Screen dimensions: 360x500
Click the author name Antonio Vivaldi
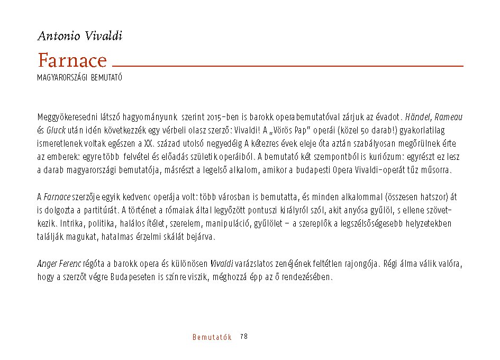click(80, 37)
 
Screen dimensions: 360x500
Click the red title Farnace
click(72, 61)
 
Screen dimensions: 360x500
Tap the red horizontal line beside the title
click(288, 66)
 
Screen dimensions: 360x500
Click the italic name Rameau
click(449, 116)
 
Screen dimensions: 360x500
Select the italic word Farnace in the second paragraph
click(57, 197)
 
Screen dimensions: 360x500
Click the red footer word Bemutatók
click(212, 337)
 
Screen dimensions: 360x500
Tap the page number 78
click(244, 337)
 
